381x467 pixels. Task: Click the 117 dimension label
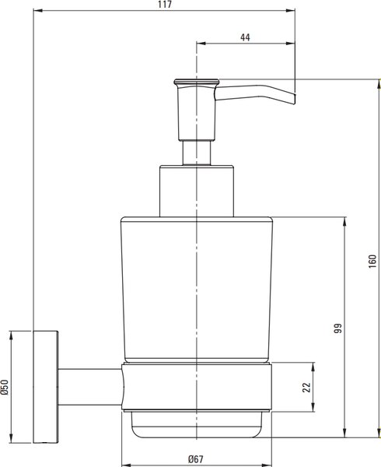coord(166,5)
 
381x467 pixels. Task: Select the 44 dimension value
coord(245,37)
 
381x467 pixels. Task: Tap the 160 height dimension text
coord(372,262)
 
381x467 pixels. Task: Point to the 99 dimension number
coord(338,328)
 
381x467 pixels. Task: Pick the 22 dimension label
coord(306,387)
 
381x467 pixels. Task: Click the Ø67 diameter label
coord(196,459)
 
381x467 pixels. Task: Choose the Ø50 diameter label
coord(5,387)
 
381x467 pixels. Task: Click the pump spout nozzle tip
coord(293,99)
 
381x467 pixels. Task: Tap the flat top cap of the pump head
coord(196,81)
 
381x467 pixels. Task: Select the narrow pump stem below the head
coord(197,153)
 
